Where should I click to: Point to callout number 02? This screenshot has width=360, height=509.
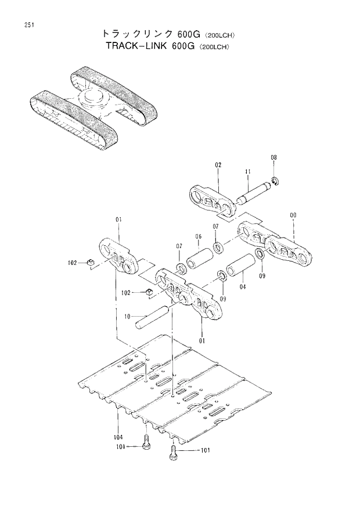(218, 164)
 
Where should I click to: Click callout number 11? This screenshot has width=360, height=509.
(247, 171)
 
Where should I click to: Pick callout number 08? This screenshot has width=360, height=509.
(274, 158)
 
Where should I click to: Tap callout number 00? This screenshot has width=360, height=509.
(293, 215)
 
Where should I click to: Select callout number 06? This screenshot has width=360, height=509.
(198, 236)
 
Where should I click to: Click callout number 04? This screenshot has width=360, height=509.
(242, 286)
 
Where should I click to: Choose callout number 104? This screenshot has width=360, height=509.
(118, 436)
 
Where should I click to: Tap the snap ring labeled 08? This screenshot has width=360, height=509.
(276, 182)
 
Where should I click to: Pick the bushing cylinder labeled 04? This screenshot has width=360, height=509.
(240, 269)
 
